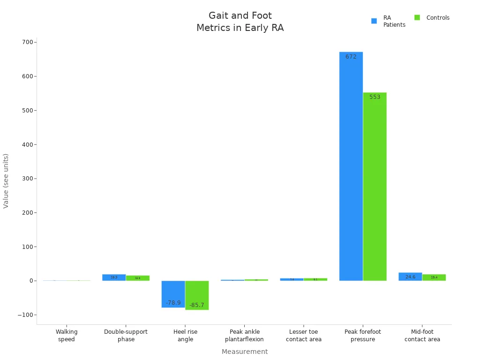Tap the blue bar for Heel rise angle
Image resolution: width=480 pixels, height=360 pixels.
(x=173, y=294)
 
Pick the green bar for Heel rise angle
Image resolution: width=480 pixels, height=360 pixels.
(x=197, y=295)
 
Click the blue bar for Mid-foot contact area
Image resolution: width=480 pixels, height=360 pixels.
(x=410, y=277)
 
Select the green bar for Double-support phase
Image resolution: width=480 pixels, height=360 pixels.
(x=137, y=278)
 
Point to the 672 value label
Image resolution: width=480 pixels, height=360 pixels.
(x=351, y=57)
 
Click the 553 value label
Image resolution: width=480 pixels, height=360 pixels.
(x=375, y=97)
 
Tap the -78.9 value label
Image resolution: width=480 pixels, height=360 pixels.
(x=173, y=303)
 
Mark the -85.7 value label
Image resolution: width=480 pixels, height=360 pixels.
(x=197, y=305)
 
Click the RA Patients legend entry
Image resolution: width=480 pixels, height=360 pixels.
(x=388, y=21)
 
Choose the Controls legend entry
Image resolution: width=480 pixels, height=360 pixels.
(x=432, y=18)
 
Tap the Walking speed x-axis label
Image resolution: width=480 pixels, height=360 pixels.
(x=67, y=335)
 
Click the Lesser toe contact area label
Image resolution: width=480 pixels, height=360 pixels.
(x=303, y=335)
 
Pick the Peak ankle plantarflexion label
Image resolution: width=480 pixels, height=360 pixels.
(x=244, y=335)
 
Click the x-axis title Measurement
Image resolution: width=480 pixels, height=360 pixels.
(x=245, y=352)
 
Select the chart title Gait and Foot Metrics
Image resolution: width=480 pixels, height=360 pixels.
(x=240, y=22)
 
